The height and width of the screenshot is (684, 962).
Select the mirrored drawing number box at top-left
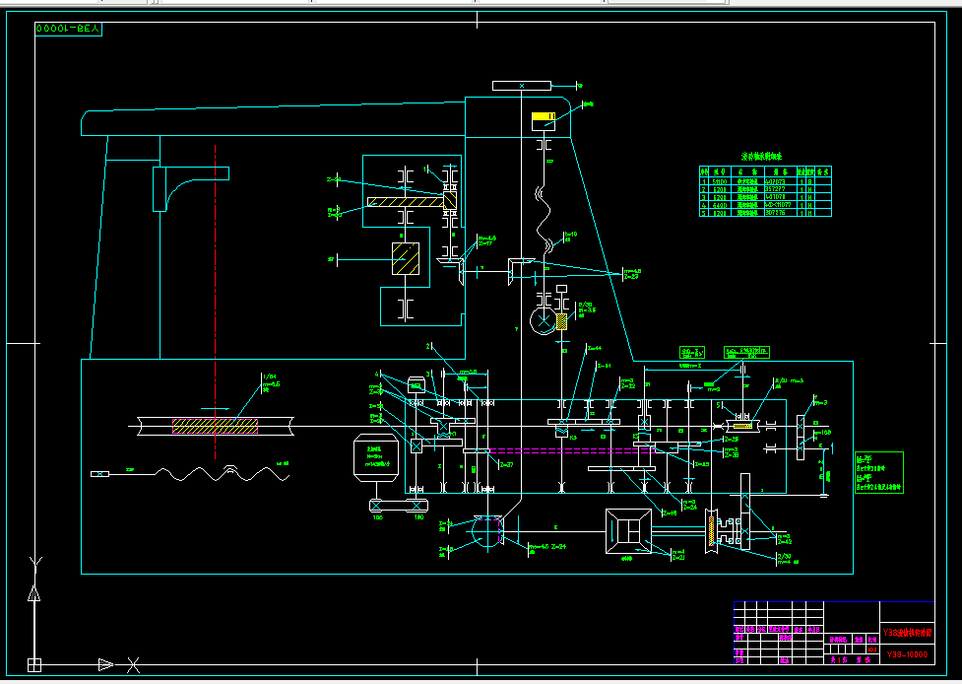point(69,30)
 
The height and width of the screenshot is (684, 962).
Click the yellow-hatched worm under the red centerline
point(216,426)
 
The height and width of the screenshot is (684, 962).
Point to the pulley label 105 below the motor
point(376,516)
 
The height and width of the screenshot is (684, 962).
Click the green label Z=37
point(506,463)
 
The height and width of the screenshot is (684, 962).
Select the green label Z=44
point(593,347)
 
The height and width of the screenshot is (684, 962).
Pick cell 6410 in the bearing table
point(720,204)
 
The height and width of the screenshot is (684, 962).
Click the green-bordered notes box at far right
point(878,472)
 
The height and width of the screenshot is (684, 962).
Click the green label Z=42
point(784,540)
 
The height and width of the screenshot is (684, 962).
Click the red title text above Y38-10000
point(905,632)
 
